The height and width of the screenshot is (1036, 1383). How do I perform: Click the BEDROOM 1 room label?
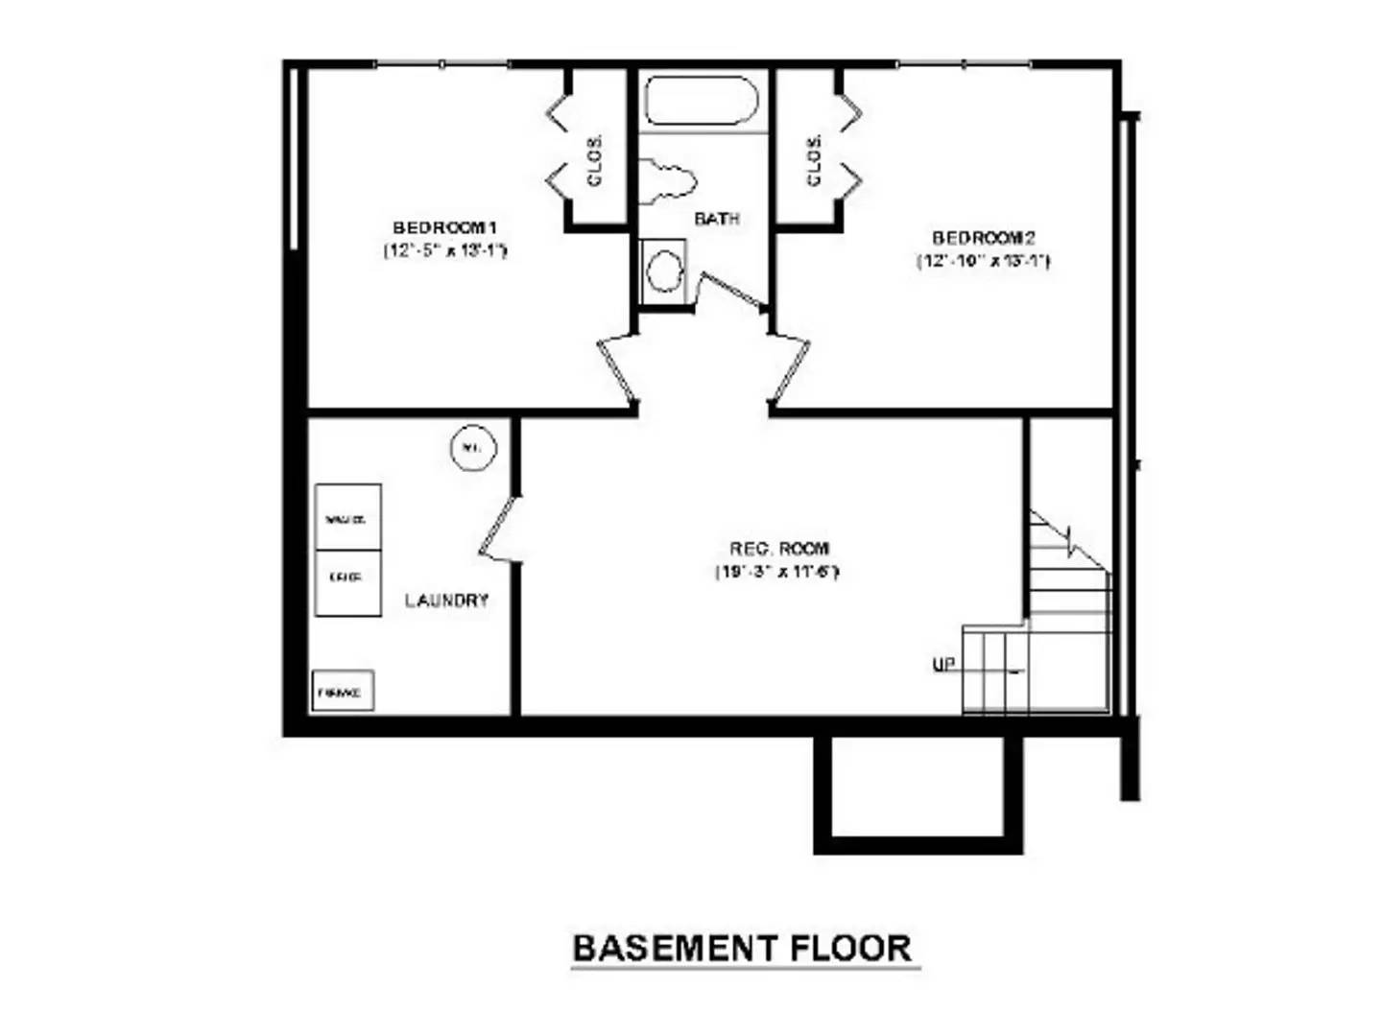pyautogui.click(x=444, y=228)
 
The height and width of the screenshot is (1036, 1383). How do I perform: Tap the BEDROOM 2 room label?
pyautogui.click(x=983, y=238)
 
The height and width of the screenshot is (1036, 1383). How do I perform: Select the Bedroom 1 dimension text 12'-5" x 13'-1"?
pyautogui.click(x=444, y=251)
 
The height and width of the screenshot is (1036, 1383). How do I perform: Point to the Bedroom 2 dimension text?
pyautogui.click(x=983, y=261)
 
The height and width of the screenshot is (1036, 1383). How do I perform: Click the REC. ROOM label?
pyautogui.click(x=778, y=549)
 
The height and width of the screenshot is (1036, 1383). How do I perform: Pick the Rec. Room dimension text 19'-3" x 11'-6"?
pyautogui.click(x=777, y=573)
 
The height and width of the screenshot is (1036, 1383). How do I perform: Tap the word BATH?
pyautogui.click(x=716, y=219)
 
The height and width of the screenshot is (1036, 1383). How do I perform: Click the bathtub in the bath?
pyautogui.click(x=702, y=101)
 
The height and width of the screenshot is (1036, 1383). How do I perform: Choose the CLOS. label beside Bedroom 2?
pyautogui.click(x=815, y=159)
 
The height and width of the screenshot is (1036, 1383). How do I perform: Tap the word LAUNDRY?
pyautogui.click(x=446, y=600)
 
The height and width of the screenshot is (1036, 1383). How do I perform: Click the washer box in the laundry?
pyautogui.click(x=347, y=518)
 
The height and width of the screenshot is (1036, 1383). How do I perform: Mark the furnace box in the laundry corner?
pyautogui.click(x=342, y=691)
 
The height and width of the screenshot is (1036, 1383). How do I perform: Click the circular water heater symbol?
pyautogui.click(x=472, y=448)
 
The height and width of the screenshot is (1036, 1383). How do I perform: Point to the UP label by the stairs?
pyautogui.click(x=943, y=664)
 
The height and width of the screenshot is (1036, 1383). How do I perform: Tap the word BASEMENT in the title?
pyautogui.click(x=675, y=948)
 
